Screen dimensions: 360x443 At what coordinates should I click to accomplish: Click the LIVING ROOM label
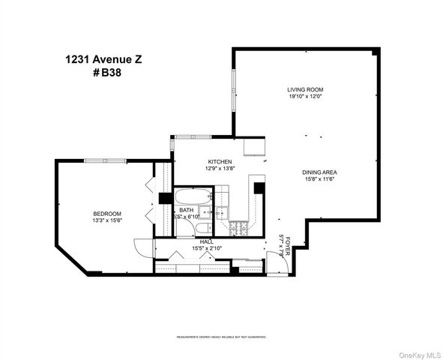tap(305, 89)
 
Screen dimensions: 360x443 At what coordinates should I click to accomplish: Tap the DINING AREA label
tap(318, 172)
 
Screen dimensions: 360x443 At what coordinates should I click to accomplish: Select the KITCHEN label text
tap(220, 162)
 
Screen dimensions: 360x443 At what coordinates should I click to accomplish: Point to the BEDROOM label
tap(107, 214)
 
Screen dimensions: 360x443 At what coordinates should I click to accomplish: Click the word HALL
tap(205, 241)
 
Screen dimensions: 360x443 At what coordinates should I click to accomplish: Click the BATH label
tap(185, 210)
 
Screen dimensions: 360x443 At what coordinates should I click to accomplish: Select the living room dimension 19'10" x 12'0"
tap(305, 96)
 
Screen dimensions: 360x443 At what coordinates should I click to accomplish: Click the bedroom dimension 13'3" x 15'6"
tap(107, 220)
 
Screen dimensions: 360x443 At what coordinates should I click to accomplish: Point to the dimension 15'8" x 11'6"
tap(318, 179)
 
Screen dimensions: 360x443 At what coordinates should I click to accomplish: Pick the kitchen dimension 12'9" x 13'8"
tap(220, 169)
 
